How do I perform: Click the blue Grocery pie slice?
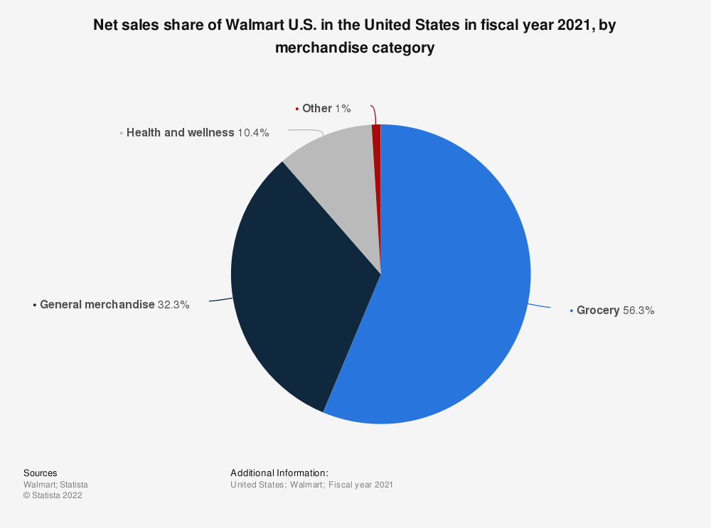pyautogui.click(x=455, y=284)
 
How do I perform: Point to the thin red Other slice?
pyautogui.click(x=376, y=163)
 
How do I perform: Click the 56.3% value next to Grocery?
pyautogui.click(x=638, y=311)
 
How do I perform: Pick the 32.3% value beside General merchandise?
pyautogui.click(x=173, y=305)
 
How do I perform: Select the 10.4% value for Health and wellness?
pyautogui.click(x=253, y=133)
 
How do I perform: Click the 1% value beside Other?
pyautogui.click(x=343, y=109)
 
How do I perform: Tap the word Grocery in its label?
pyautogui.click(x=598, y=311)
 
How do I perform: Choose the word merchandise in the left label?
pyautogui.click(x=120, y=305)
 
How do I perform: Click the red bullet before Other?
pyautogui.click(x=296, y=109)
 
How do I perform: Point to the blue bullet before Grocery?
pyautogui.click(x=571, y=311)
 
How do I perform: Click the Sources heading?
pyautogui.click(x=41, y=473)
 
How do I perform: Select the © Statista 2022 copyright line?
pyautogui.click(x=53, y=496)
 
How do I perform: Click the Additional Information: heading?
pyautogui.click(x=279, y=473)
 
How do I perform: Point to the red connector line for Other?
pyautogui.click(x=373, y=114)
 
